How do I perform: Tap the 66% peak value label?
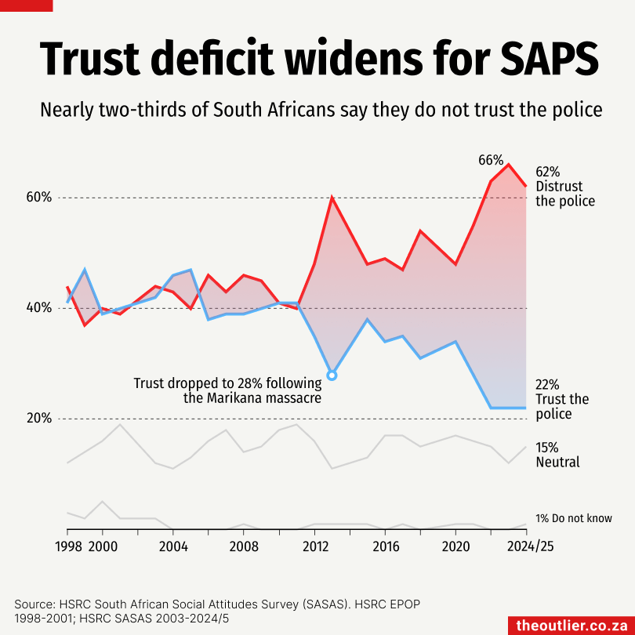click(x=491, y=160)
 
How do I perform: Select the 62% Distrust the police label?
click(x=564, y=187)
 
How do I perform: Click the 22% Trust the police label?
click(x=561, y=399)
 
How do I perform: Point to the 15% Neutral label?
click(x=557, y=455)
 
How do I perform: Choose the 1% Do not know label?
click(x=574, y=518)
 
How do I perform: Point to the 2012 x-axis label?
click(x=315, y=546)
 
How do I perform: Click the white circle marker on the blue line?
click(x=332, y=376)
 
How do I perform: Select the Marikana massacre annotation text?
click(x=227, y=390)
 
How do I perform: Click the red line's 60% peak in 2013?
click(x=332, y=198)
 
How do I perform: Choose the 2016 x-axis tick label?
click(x=385, y=546)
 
